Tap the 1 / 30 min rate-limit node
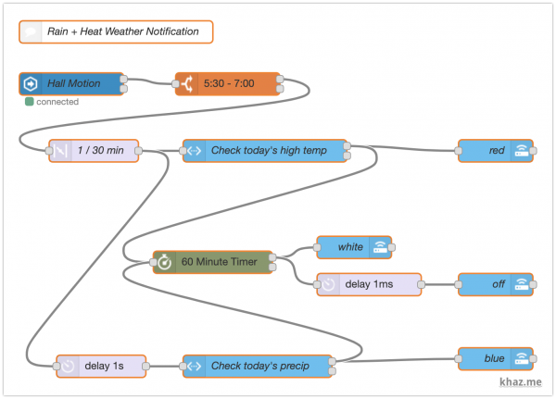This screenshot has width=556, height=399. coord(93,150)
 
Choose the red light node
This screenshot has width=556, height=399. coord(495,150)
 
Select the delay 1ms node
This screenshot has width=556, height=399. coord(370,284)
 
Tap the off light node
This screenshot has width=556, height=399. coord(495,284)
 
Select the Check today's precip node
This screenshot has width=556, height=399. coord(259,366)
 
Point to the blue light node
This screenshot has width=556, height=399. coord(495,358)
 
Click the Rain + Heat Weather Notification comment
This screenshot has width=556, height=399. coord(116,31)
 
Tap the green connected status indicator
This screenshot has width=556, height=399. coord(30,102)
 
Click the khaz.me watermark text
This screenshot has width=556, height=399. coord(521,380)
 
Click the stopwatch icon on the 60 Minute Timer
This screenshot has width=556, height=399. coord(164,262)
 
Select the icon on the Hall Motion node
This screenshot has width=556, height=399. coord(29,84)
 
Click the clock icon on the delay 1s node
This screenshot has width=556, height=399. coord(68,366)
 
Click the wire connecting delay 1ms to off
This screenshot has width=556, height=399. coord(439,284)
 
